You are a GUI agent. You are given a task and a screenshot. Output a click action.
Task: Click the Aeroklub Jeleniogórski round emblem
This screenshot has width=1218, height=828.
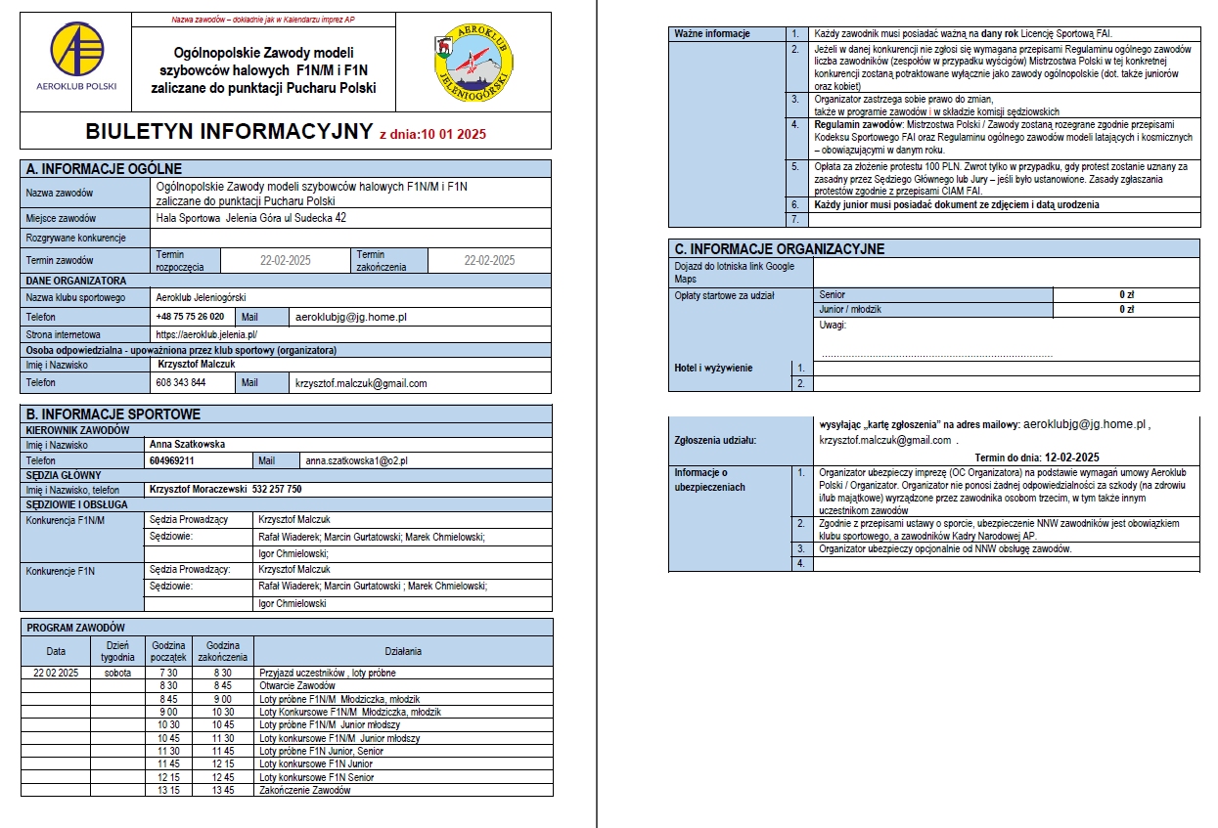(x=474, y=62)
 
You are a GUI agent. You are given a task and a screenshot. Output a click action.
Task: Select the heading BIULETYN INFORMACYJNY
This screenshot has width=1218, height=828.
(x=230, y=133)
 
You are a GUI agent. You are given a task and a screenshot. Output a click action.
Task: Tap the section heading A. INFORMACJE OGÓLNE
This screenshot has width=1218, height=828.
(x=105, y=169)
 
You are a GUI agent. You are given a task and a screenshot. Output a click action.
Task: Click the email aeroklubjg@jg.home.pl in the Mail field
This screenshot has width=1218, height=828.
(x=350, y=317)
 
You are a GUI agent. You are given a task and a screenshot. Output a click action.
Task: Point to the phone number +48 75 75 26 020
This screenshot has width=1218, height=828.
(x=190, y=317)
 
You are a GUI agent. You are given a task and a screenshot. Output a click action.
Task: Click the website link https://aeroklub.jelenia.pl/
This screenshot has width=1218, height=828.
(x=206, y=334)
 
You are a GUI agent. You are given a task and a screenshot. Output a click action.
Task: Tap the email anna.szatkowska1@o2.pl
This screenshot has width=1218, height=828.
(x=356, y=460)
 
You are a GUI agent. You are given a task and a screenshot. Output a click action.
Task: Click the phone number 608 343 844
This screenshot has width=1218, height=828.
(x=181, y=383)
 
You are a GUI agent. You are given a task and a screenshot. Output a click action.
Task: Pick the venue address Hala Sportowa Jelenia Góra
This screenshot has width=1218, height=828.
(x=251, y=218)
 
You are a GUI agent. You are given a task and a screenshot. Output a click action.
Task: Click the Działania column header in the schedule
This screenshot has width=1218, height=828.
(x=403, y=650)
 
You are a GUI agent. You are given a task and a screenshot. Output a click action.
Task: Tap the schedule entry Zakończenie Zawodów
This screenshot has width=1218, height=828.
(x=304, y=790)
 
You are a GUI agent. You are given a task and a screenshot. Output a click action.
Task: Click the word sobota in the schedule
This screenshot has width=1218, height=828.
(x=116, y=673)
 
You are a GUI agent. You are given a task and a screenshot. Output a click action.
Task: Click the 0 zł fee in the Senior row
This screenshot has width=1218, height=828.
(x=1126, y=294)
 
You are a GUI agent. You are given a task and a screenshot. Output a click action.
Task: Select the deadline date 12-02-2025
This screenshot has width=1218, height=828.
(x=1072, y=457)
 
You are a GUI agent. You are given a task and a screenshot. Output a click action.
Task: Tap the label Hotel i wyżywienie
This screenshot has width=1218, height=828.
(x=713, y=368)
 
